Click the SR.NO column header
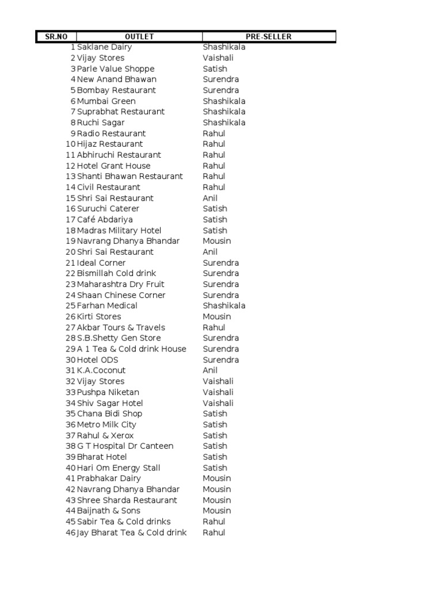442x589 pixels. [x=56, y=37]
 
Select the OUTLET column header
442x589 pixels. [x=139, y=37]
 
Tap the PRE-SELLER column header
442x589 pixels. [x=269, y=37]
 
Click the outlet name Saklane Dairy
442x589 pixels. [x=104, y=47]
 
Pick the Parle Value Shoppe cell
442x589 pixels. [x=116, y=69]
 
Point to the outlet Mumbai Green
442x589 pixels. [x=106, y=101]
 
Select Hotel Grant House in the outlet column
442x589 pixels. [x=114, y=166]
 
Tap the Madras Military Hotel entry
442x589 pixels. [x=119, y=231]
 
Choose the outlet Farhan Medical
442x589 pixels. [x=107, y=306]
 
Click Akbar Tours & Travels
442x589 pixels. [x=121, y=327]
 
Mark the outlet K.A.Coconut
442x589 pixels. [x=101, y=370]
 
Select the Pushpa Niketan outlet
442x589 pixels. [x=108, y=392]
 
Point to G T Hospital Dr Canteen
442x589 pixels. [x=125, y=446]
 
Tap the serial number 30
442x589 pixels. [x=71, y=360]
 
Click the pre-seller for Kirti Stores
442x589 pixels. [x=217, y=317]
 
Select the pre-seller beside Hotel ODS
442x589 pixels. [x=220, y=360]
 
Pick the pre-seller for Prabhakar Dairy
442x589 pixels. [x=217, y=479]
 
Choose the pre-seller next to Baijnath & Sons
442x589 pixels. [x=217, y=511]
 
